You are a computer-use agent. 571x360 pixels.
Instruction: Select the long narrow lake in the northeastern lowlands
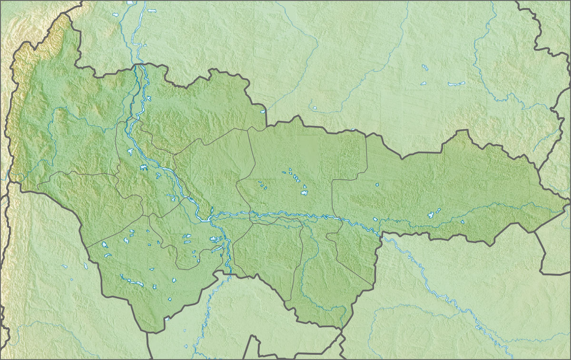point(456,84)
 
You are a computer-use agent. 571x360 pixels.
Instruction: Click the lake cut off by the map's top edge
point(130,2)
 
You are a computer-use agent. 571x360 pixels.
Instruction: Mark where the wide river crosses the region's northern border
point(138,65)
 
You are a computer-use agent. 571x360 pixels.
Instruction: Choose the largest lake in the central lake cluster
point(304,193)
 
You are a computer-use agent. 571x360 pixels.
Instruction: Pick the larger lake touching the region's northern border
point(262,112)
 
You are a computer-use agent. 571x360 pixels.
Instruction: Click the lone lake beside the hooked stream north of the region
point(314,108)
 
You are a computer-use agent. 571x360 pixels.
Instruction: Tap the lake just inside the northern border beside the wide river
point(149,99)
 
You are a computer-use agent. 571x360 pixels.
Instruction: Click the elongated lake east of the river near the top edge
point(152,10)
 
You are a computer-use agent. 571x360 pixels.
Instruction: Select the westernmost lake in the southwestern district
point(104,245)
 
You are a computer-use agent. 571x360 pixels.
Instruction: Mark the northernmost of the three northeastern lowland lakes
point(424,67)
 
